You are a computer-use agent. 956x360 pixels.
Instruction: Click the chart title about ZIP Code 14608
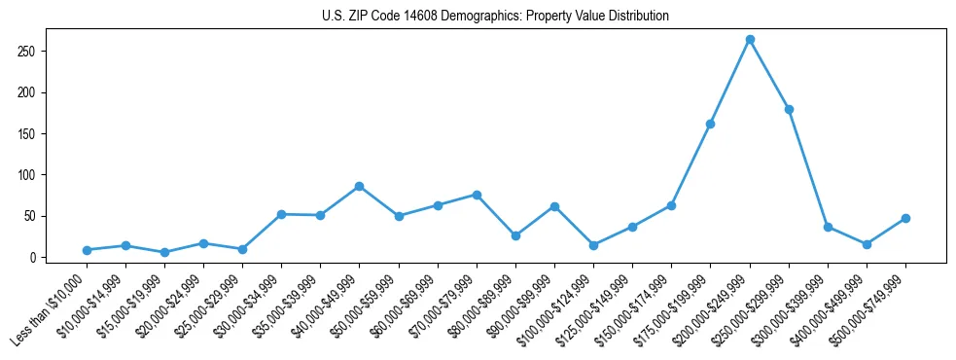coord(495,17)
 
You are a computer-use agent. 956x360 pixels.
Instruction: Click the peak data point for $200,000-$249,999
coord(750,40)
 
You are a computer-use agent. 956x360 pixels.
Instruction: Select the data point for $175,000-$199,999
coord(711,124)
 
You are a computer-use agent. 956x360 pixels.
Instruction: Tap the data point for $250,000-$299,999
coord(789,109)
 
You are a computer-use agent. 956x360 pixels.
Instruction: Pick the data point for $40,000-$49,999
coord(359,186)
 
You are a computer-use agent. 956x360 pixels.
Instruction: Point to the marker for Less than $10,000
coord(87,250)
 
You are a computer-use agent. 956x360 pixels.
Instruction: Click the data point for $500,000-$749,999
coord(905,218)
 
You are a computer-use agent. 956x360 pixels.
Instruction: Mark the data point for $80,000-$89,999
coord(515,235)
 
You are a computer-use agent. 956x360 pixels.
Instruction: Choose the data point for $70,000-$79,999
coord(477,195)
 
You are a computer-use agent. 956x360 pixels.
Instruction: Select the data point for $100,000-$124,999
coord(593,245)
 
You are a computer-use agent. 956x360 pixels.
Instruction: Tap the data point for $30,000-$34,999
coord(281,214)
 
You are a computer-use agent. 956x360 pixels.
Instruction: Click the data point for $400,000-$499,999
coord(867,244)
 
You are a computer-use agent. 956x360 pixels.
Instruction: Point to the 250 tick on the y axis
coord(42,51)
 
